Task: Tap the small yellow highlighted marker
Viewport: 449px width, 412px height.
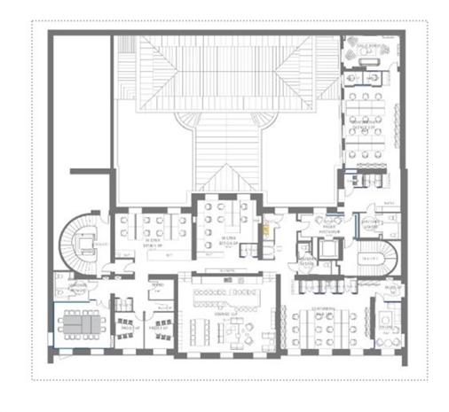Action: coord(264,225)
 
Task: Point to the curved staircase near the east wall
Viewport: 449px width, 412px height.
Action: coord(377,257)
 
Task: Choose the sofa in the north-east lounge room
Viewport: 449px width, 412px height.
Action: coord(364,51)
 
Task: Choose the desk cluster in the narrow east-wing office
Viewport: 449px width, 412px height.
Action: coord(368,110)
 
